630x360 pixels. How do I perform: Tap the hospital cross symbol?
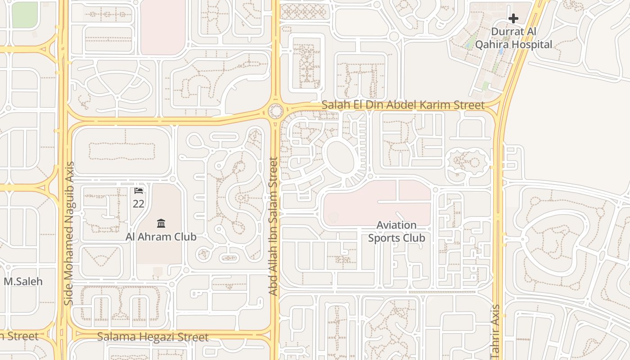pyautogui.click(x=513, y=18)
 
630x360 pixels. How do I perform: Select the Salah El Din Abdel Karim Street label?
pyautogui.click(x=403, y=105)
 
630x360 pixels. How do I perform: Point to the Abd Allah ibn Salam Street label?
pyautogui.click(x=273, y=226)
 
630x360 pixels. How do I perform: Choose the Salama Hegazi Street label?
pyautogui.click(x=153, y=337)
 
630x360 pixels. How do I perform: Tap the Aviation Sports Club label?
pyautogui.click(x=396, y=231)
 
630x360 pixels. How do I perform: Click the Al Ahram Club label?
pyautogui.click(x=161, y=237)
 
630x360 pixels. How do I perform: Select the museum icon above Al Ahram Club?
pyautogui.click(x=161, y=223)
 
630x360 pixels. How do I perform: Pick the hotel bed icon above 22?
pyautogui.click(x=139, y=191)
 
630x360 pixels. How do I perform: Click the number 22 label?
pyautogui.click(x=139, y=204)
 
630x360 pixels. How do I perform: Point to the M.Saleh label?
pyautogui.click(x=23, y=282)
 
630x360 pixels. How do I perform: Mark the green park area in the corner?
pyautogui.click(x=24, y=13)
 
